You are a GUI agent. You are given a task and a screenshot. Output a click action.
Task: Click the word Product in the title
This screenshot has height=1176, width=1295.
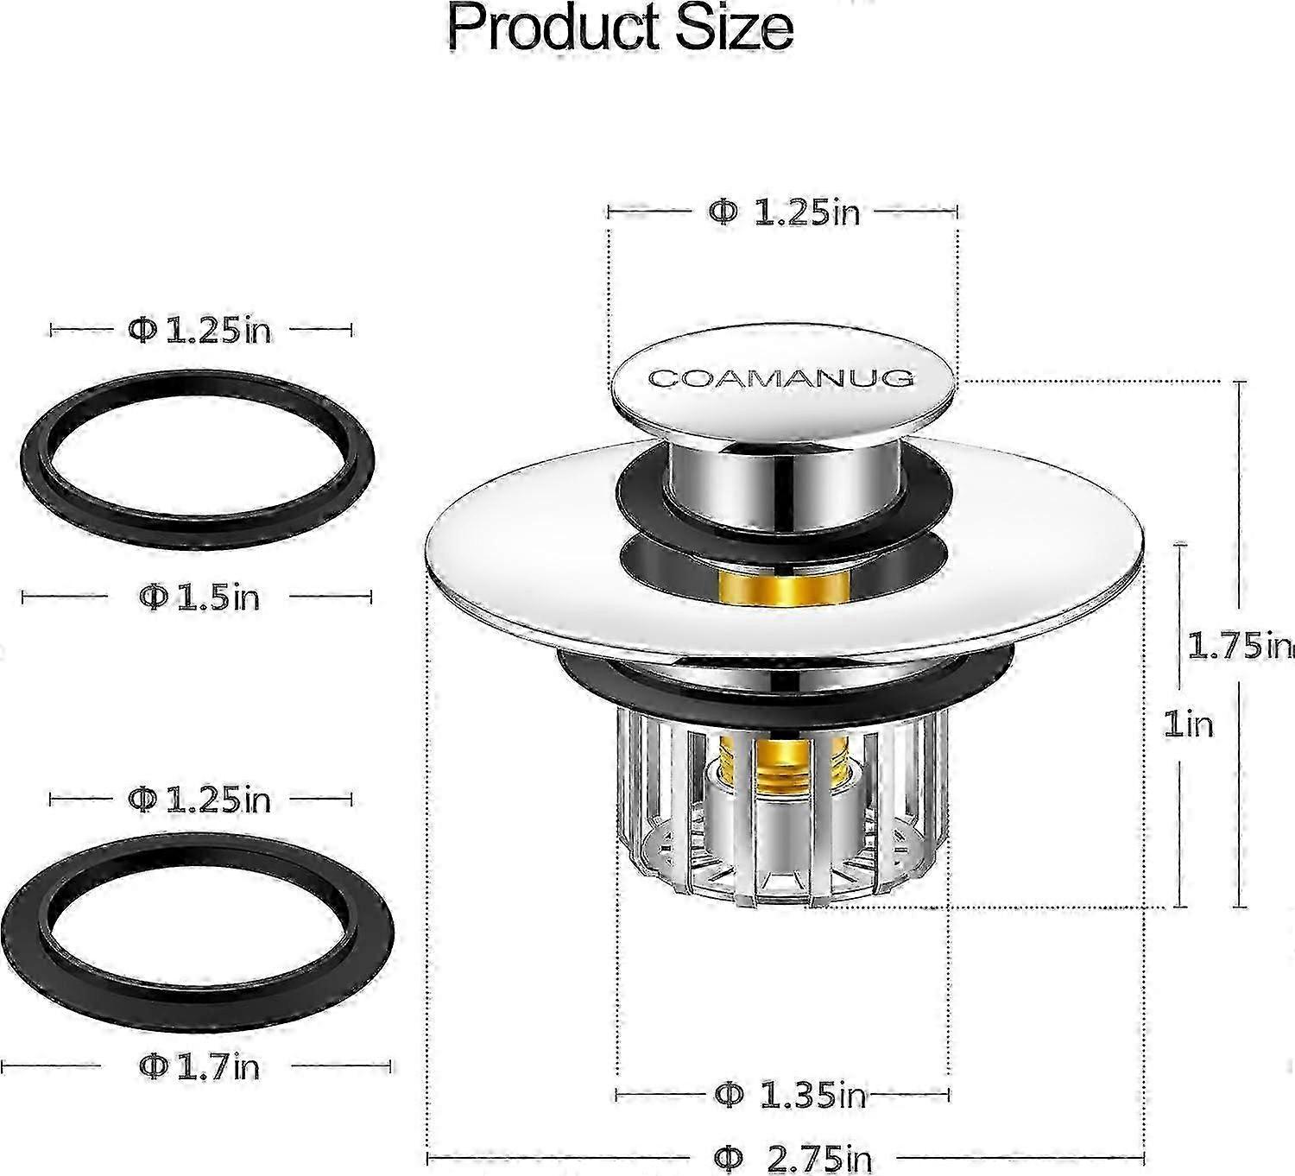point(553,28)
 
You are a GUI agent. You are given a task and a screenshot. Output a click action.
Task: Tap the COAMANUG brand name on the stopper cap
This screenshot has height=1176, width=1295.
point(781,378)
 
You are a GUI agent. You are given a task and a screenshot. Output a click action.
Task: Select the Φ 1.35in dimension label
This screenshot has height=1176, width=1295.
point(790,1095)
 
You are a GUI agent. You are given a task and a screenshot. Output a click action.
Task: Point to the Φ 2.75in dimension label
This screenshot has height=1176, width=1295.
point(793,1160)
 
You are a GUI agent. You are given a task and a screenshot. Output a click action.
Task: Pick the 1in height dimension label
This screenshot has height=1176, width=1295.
point(1188,724)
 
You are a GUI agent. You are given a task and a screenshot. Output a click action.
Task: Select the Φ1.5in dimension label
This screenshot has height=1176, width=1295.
point(199,597)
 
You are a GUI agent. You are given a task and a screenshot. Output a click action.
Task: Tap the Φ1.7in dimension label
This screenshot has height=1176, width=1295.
point(199,1066)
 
